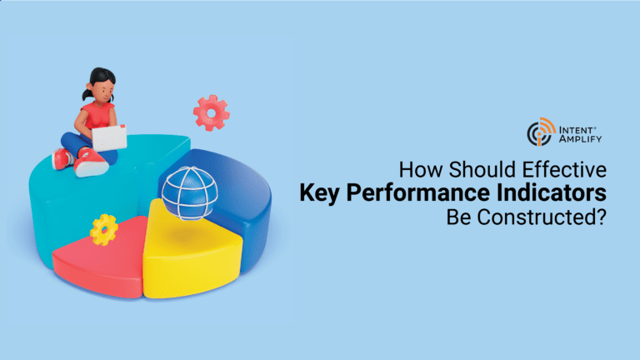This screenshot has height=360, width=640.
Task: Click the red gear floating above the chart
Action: point(211,112)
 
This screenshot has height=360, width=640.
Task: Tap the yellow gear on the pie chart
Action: point(104,230)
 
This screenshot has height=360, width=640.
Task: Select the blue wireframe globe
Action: point(190,193)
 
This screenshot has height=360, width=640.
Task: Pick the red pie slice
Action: point(100,261)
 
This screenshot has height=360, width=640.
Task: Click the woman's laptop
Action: point(109,138)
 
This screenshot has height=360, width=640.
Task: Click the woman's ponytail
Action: point(87,94)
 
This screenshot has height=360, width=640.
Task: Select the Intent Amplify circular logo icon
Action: point(541,132)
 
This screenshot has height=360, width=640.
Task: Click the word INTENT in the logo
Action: point(577,130)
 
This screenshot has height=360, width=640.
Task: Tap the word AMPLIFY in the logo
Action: point(580,139)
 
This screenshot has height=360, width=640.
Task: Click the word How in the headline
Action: point(421,169)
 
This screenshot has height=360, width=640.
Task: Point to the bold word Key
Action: point(320,193)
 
